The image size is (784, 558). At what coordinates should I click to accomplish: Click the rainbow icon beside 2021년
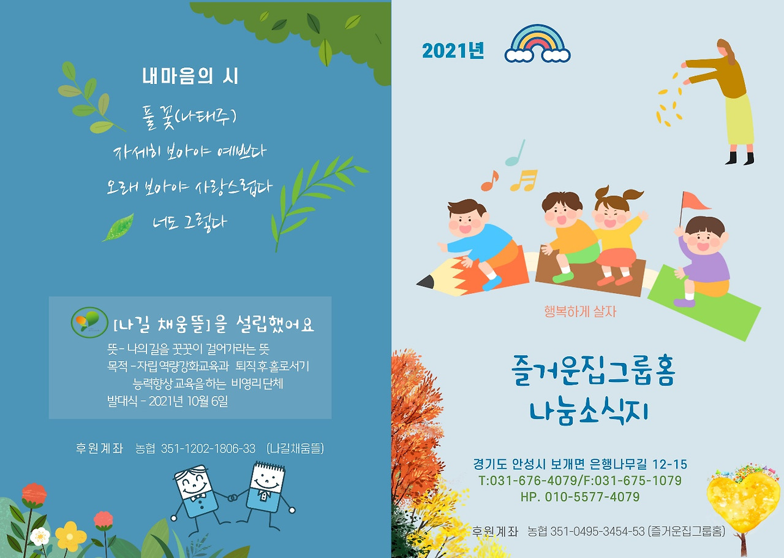click(537, 44)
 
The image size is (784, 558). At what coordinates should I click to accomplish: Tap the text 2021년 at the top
click(453, 51)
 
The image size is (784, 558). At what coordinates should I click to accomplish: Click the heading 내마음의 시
click(190, 77)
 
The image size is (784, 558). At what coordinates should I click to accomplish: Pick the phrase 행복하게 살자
click(580, 311)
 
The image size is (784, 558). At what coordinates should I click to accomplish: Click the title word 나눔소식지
click(588, 411)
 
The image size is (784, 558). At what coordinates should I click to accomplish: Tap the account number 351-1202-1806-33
click(208, 449)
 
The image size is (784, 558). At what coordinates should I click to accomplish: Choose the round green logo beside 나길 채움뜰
click(89, 321)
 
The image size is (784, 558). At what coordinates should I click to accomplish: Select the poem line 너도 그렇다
click(190, 221)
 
